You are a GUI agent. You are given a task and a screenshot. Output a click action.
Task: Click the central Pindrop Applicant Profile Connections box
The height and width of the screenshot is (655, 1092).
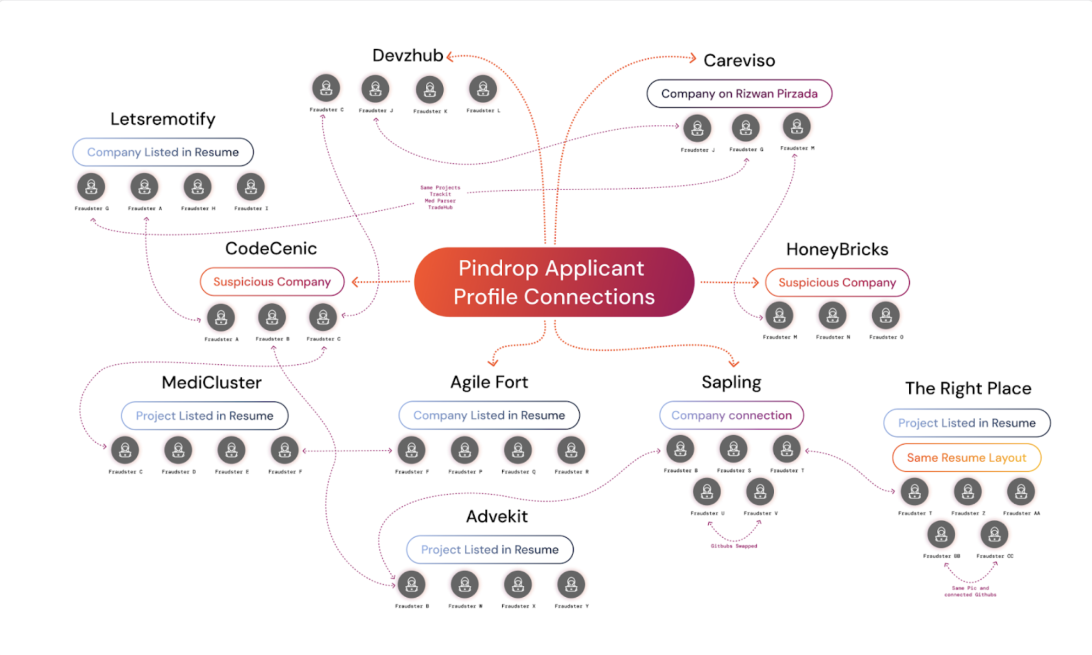(x=554, y=282)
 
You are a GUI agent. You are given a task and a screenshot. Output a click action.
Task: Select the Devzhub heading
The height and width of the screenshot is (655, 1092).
(x=408, y=55)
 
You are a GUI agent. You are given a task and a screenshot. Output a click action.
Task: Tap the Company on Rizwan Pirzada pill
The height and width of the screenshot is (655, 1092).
(x=739, y=93)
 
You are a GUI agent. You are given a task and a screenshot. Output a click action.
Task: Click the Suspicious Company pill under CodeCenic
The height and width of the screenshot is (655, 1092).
(x=272, y=282)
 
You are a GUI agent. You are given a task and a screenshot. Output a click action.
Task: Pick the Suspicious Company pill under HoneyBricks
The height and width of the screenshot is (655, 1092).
(x=837, y=283)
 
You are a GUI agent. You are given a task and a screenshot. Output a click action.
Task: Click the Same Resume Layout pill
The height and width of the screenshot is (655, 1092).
(x=966, y=458)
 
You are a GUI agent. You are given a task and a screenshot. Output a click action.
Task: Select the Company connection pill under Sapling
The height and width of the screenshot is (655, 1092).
(x=731, y=415)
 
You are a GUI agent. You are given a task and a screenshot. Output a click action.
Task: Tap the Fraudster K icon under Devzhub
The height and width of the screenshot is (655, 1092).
(x=430, y=90)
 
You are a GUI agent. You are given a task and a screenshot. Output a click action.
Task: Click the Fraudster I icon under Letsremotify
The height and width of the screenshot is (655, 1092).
(x=251, y=187)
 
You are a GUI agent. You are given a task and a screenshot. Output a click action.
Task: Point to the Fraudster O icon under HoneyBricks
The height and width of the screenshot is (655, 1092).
(x=885, y=316)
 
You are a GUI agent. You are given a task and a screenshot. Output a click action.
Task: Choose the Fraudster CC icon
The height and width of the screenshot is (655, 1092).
(x=994, y=534)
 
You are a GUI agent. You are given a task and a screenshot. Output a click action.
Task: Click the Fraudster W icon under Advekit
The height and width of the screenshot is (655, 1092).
(x=464, y=584)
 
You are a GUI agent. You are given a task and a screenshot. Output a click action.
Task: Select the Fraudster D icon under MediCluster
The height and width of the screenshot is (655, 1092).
(x=178, y=450)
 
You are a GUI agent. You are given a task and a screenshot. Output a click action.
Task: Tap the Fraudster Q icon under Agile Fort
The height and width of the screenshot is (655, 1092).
(x=518, y=450)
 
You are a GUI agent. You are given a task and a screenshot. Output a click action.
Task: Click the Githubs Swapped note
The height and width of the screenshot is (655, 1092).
(x=734, y=546)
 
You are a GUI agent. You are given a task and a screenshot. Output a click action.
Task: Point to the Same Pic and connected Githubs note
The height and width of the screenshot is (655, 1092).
(x=970, y=591)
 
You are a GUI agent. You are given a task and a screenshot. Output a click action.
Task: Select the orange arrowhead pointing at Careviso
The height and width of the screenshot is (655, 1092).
(x=693, y=58)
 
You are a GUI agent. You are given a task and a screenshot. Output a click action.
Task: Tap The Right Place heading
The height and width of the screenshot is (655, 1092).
(x=968, y=388)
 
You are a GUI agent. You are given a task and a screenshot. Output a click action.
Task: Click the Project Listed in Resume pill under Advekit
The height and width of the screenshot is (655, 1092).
(x=489, y=550)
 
